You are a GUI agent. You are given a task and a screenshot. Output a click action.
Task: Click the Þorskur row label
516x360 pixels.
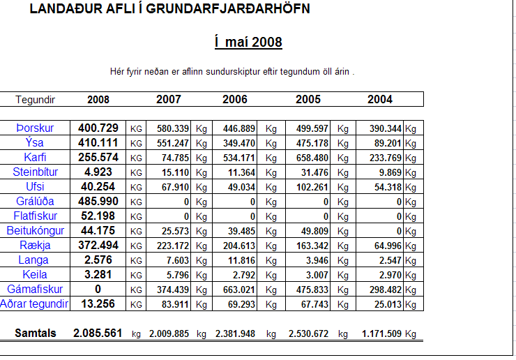(x=35, y=128)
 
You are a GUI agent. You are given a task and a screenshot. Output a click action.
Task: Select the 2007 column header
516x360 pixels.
(x=169, y=100)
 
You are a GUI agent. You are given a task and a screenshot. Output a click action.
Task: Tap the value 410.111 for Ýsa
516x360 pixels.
(x=98, y=143)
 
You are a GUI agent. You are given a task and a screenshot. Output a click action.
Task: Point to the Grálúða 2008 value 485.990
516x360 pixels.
(x=98, y=202)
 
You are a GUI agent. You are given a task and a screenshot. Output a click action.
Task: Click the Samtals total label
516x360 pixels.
(x=36, y=333)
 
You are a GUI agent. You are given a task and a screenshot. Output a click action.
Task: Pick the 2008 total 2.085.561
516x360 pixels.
(x=98, y=333)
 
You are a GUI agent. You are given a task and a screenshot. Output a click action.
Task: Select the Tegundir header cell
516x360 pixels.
(x=36, y=100)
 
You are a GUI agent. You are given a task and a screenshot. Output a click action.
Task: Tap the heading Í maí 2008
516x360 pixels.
(x=248, y=43)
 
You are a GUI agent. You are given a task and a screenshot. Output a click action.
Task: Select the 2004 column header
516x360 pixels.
(x=380, y=100)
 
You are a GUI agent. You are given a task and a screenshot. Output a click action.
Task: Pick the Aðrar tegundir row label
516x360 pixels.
(x=35, y=304)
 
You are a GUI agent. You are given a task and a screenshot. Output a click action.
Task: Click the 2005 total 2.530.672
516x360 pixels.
(x=308, y=334)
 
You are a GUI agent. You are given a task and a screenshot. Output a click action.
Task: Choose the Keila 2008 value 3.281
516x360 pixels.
(x=98, y=275)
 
